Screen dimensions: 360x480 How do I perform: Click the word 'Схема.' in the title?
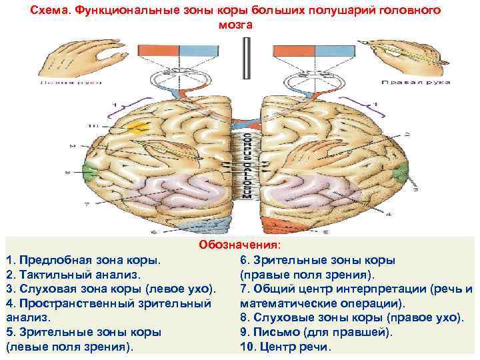pos(49,11)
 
